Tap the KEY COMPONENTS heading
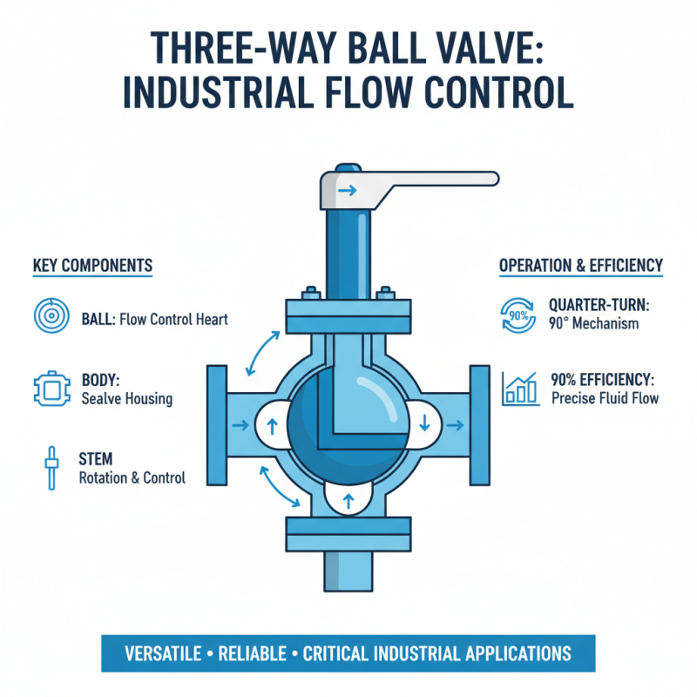92,265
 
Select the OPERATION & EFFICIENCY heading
580,265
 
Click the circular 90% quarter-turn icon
520,315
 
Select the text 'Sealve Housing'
126,399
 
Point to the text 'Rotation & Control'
132,477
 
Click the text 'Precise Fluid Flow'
606,399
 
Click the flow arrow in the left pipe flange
237,424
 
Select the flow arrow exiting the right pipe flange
453,424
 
